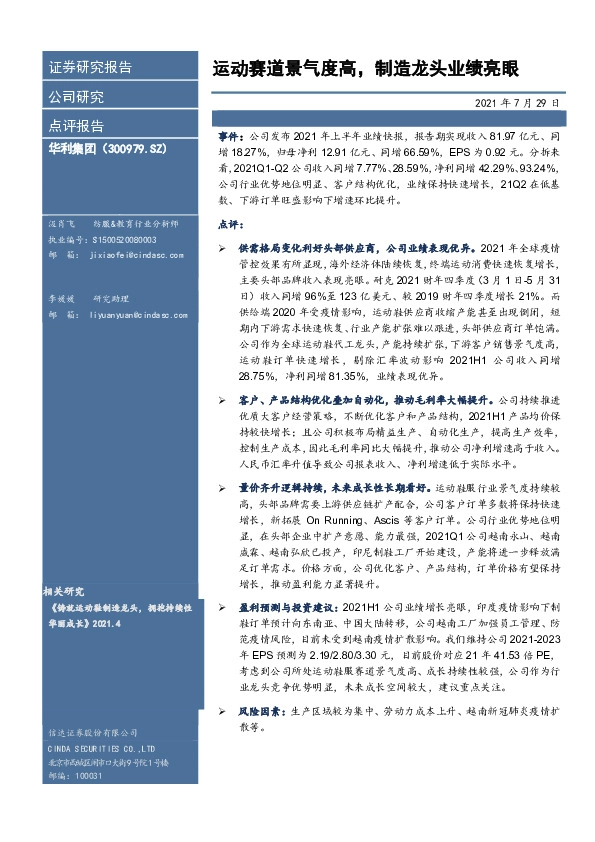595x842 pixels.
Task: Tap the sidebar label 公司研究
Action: click(x=76, y=97)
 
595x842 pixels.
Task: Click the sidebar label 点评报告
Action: click(x=76, y=126)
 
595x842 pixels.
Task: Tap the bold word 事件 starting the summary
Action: click(x=230, y=132)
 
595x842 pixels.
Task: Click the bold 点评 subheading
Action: click(x=229, y=224)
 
